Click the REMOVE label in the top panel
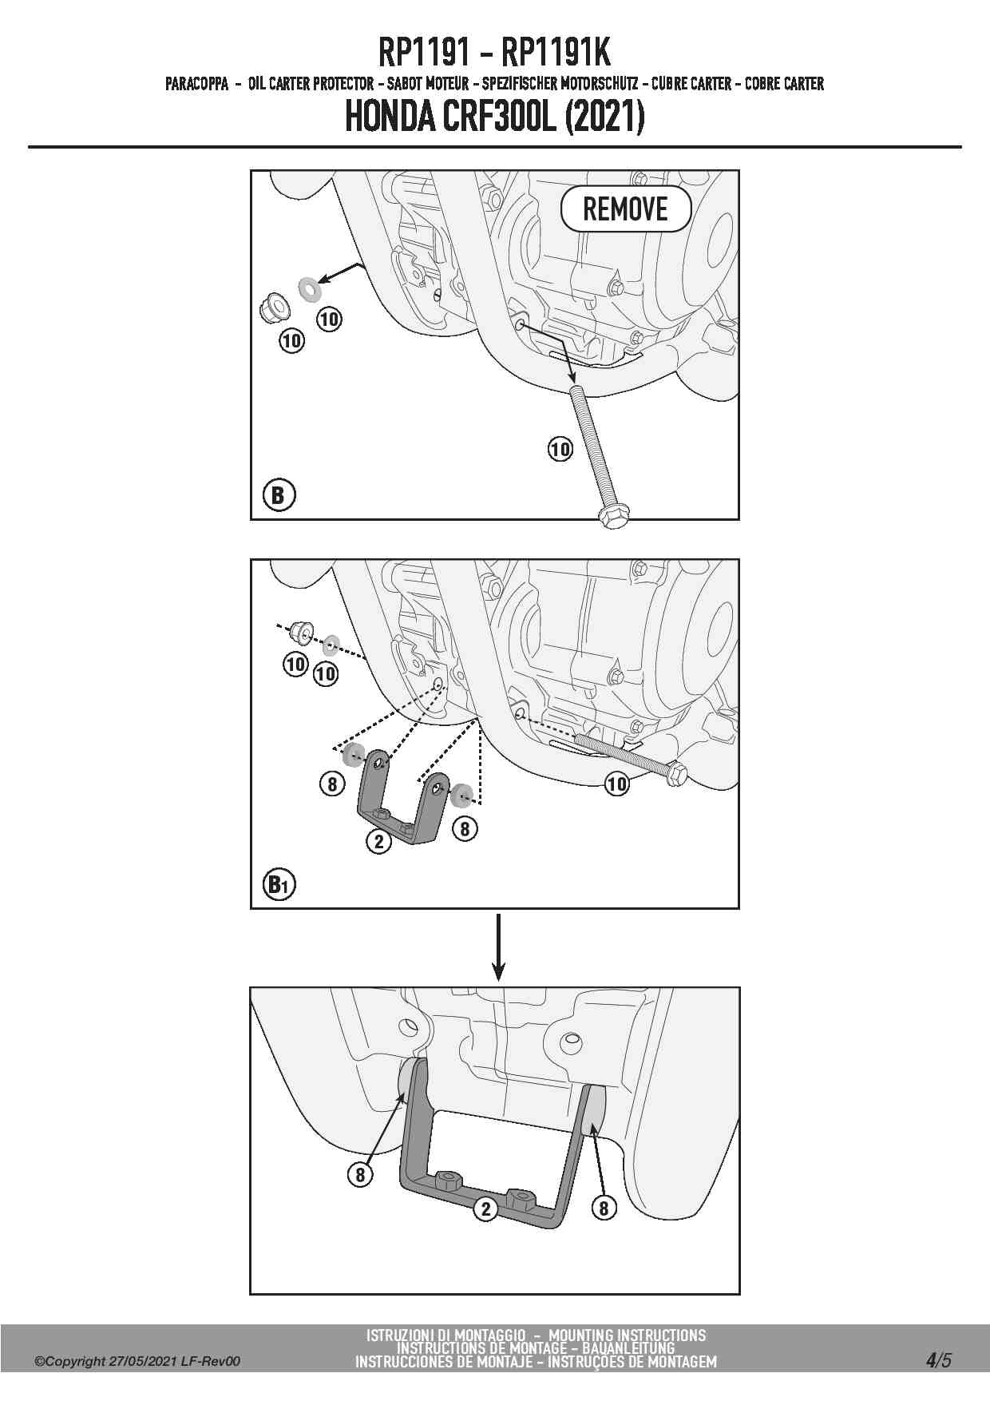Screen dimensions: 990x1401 [x=625, y=209]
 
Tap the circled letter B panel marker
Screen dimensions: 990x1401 [x=278, y=495]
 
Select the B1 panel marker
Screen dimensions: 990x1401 [x=279, y=884]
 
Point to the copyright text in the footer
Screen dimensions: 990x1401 [x=137, y=1362]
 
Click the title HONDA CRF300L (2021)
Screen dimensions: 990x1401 [x=495, y=118]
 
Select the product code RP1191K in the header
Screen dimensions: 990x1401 [x=556, y=54]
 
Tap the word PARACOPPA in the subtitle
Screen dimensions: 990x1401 [x=197, y=83]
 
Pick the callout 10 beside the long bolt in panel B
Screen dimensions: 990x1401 [x=560, y=450]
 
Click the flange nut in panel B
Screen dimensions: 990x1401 [x=273, y=308]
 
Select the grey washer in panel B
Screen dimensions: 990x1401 [x=307, y=288]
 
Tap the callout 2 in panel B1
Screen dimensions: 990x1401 [x=378, y=841]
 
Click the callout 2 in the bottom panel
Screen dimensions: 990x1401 [x=485, y=1209]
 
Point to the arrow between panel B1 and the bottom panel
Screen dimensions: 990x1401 [x=498, y=947]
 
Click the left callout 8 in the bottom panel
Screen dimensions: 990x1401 [x=360, y=1174]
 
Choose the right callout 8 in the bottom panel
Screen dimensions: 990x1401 [x=604, y=1209]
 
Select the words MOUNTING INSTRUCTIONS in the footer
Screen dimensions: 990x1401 [x=628, y=1335]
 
